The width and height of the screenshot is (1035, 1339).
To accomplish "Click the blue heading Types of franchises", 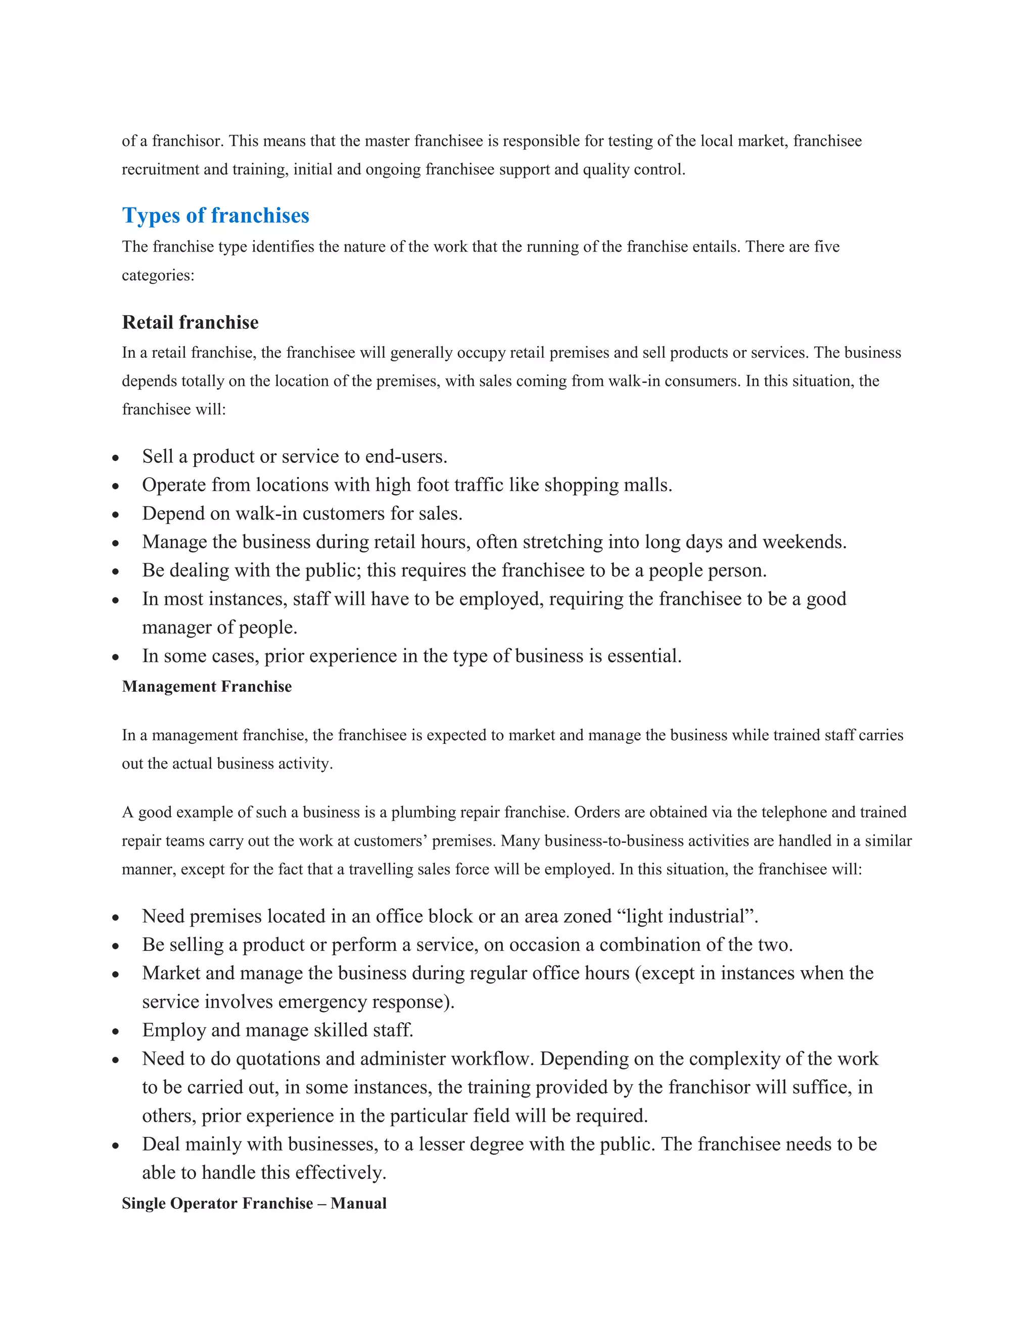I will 215,216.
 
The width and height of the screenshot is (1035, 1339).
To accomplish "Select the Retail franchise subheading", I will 190,322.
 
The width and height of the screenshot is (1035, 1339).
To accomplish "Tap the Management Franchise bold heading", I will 207,687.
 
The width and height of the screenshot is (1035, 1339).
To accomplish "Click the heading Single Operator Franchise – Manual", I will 254,1204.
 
